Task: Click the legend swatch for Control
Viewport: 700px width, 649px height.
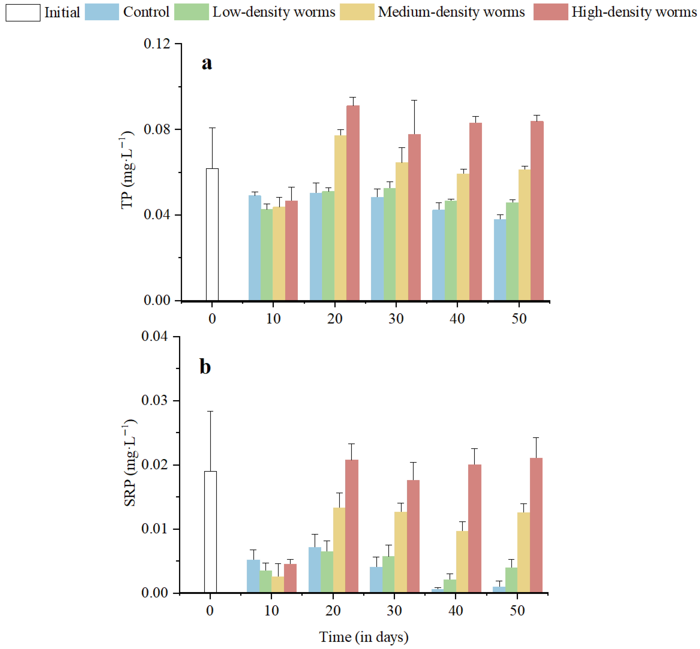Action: (102, 12)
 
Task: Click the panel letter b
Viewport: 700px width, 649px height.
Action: (205, 367)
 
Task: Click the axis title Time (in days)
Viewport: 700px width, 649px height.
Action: (363, 637)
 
